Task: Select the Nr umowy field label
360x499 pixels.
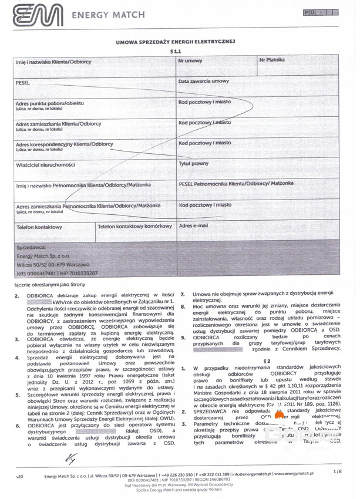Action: (190, 61)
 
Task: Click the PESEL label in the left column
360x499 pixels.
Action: (23, 83)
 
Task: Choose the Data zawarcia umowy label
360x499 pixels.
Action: (204, 82)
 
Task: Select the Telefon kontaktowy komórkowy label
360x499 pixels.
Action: (134, 227)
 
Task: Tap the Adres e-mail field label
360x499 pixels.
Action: (193, 226)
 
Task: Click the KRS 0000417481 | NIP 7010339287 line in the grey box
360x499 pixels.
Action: (57, 273)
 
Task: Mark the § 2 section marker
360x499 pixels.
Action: (265, 361)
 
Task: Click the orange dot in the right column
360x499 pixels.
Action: (279, 416)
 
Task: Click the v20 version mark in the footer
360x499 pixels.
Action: (19, 474)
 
